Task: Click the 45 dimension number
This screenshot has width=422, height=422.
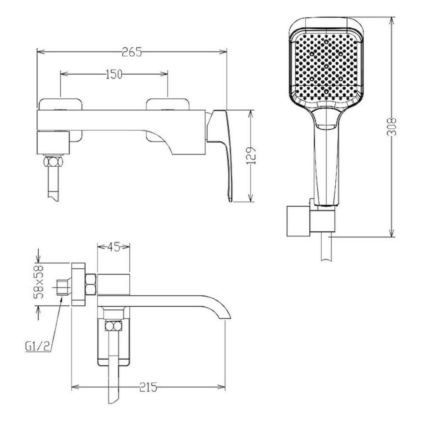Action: [114, 247]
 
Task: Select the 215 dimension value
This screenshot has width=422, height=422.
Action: [148, 393]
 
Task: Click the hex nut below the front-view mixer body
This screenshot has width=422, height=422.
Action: [53, 162]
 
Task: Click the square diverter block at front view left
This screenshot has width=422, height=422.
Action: [53, 143]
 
